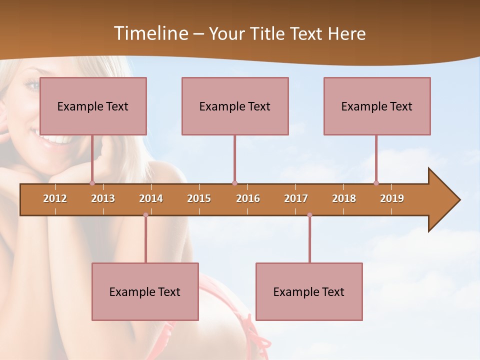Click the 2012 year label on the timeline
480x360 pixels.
pos(55,198)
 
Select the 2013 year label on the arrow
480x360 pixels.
pos(103,198)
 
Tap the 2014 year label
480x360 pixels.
pos(151,198)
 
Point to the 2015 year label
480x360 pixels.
pos(199,198)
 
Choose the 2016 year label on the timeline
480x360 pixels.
pos(248,198)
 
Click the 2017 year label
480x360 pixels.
pos(296,198)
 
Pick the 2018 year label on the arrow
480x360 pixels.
pos(344,198)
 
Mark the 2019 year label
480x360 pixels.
pos(392,198)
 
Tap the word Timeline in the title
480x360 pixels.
pos(150,33)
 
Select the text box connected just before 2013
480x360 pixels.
pos(93,106)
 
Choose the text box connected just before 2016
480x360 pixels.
pos(235,106)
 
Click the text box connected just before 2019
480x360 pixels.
pos(377,106)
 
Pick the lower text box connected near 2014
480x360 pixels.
pos(145,291)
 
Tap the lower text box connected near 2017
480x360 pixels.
pos(309,291)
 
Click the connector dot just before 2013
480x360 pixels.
pos(92,183)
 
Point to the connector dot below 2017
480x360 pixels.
pos(309,215)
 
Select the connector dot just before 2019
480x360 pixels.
pos(376,183)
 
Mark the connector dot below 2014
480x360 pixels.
pos(145,215)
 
